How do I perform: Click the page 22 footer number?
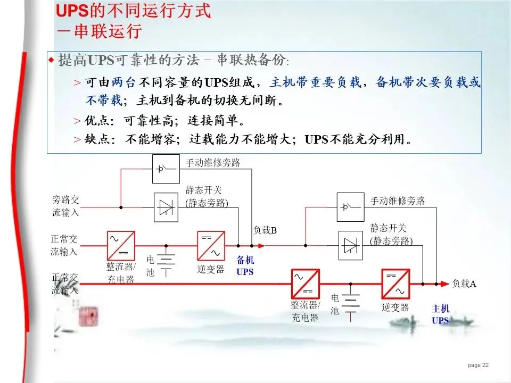(x=478, y=365)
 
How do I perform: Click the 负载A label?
(x=464, y=284)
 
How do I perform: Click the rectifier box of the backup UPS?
(x=120, y=245)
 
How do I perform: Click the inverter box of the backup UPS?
(x=211, y=245)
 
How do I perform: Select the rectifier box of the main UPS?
(x=305, y=284)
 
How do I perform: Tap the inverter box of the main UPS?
(x=395, y=284)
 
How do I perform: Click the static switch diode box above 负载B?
(x=165, y=207)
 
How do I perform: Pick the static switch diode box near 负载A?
(x=350, y=245)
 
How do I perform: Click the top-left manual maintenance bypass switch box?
(x=166, y=169)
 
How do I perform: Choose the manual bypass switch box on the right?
(x=350, y=207)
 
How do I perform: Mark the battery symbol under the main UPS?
(x=350, y=304)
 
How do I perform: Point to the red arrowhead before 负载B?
(x=260, y=246)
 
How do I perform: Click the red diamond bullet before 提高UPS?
(x=52, y=59)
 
